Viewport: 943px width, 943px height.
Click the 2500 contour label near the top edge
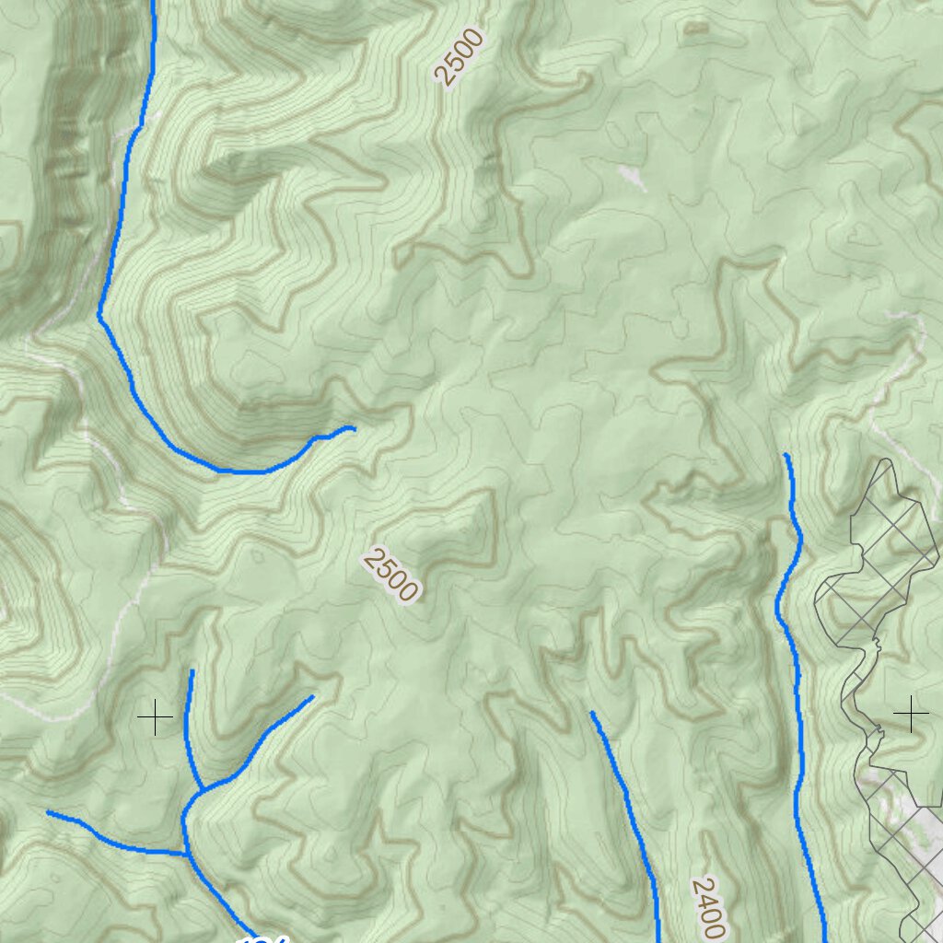pos(460,57)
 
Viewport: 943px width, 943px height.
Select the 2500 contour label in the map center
pos(391,575)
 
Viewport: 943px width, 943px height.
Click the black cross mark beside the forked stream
pos(155,716)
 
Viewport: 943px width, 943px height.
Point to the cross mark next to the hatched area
pos(911,714)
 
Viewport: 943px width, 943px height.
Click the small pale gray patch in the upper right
pos(632,177)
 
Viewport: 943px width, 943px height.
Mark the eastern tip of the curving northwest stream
pos(354,427)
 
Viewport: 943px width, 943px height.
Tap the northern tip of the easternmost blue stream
pos(786,455)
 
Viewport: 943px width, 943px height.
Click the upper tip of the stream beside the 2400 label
pos(591,713)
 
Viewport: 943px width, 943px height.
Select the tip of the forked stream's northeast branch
pos(312,697)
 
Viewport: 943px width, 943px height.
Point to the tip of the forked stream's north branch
pos(192,671)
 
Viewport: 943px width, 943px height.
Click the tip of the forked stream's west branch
pos(48,812)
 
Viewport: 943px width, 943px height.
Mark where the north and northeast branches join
pos(202,790)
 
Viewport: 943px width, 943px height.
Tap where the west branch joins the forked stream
pos(187,853)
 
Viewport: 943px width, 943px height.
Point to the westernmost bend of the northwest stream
pos(99,315)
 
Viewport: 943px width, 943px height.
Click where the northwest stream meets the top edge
pos(153,3)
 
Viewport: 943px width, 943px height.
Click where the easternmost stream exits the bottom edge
pos(822,939)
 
